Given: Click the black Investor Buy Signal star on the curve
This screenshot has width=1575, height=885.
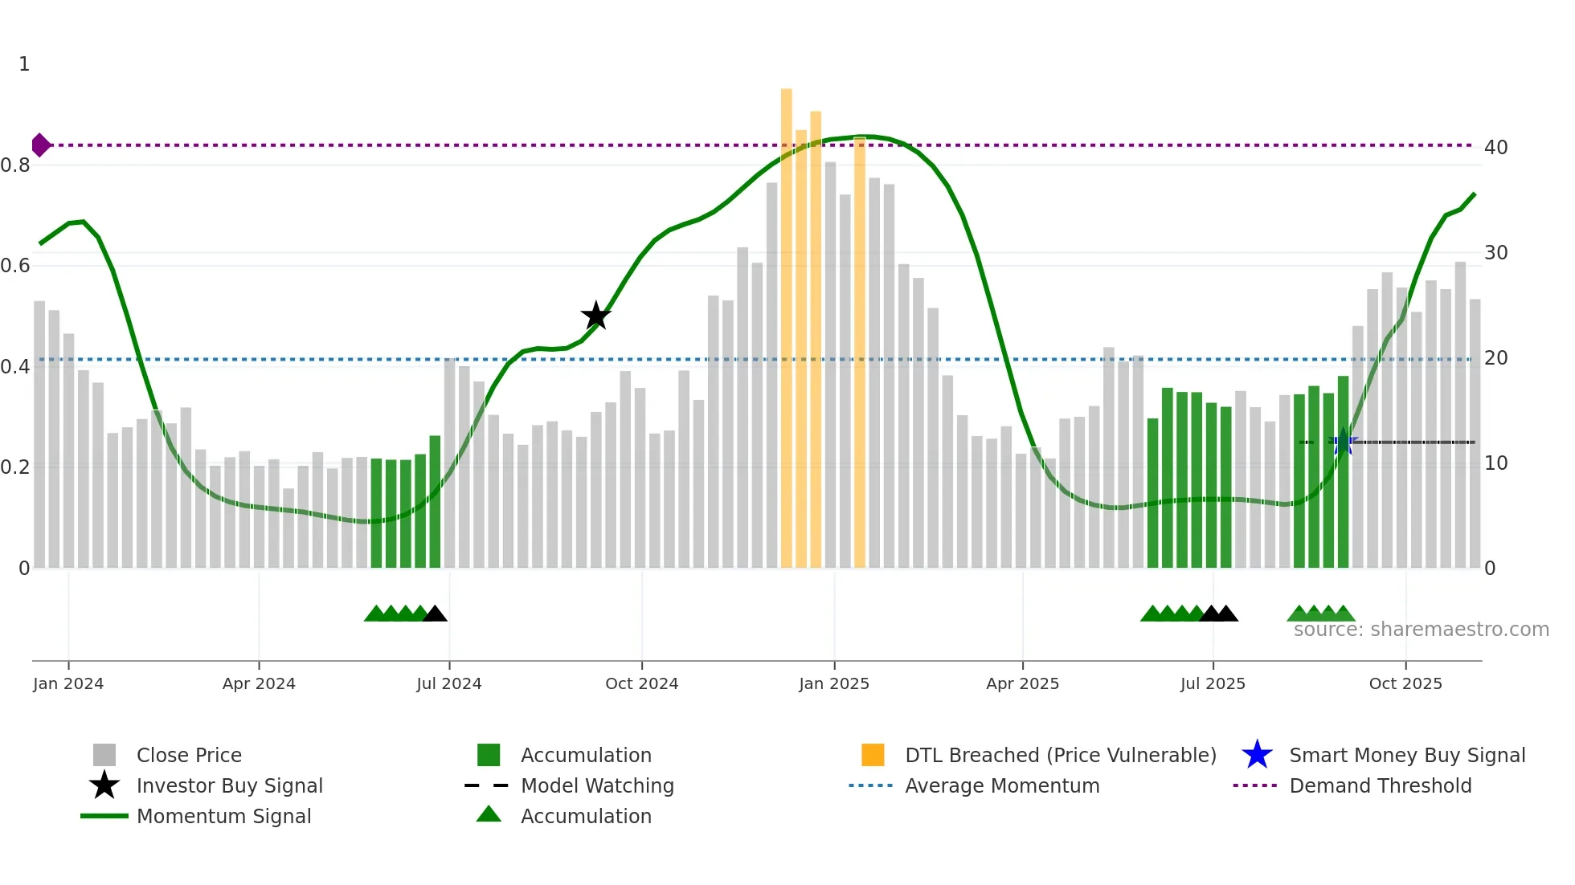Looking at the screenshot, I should [595, 316].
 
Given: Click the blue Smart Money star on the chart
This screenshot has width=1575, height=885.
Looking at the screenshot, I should [1343, 442].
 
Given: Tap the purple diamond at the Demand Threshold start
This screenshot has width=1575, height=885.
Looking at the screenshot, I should [40, 145].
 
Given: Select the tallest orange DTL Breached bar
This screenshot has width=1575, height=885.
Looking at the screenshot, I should [786, 328].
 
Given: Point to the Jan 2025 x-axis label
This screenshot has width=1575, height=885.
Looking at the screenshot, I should [834, 683].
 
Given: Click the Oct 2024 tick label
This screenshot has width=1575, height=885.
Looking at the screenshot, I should [641, 683].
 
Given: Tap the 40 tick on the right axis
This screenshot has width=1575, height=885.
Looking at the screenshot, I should [1495, 147].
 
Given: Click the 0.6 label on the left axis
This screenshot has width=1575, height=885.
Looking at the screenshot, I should [16, 266].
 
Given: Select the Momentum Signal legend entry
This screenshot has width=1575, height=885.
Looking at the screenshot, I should [223, 816].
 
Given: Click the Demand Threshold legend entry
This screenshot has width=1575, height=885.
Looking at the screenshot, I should [1380, 785].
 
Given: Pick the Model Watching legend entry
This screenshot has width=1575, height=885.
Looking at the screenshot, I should [596, 785].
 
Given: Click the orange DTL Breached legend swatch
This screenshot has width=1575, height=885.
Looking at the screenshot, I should [873, 755].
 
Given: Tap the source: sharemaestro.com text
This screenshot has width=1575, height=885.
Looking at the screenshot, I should [1421, 630].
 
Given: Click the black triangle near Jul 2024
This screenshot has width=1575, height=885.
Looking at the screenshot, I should [435, 614].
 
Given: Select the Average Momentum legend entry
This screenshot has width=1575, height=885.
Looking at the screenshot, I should [1001, 785].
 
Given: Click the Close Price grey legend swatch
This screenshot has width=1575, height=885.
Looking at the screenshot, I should [104, 755].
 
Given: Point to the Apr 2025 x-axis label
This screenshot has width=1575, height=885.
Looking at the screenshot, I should [1022, 683].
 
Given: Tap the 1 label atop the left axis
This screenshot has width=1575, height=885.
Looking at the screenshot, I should [24, 64].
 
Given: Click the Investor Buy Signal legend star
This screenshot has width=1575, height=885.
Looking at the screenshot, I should [104, 785].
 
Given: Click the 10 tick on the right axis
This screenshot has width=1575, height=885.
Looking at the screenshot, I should [1495, 463].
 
